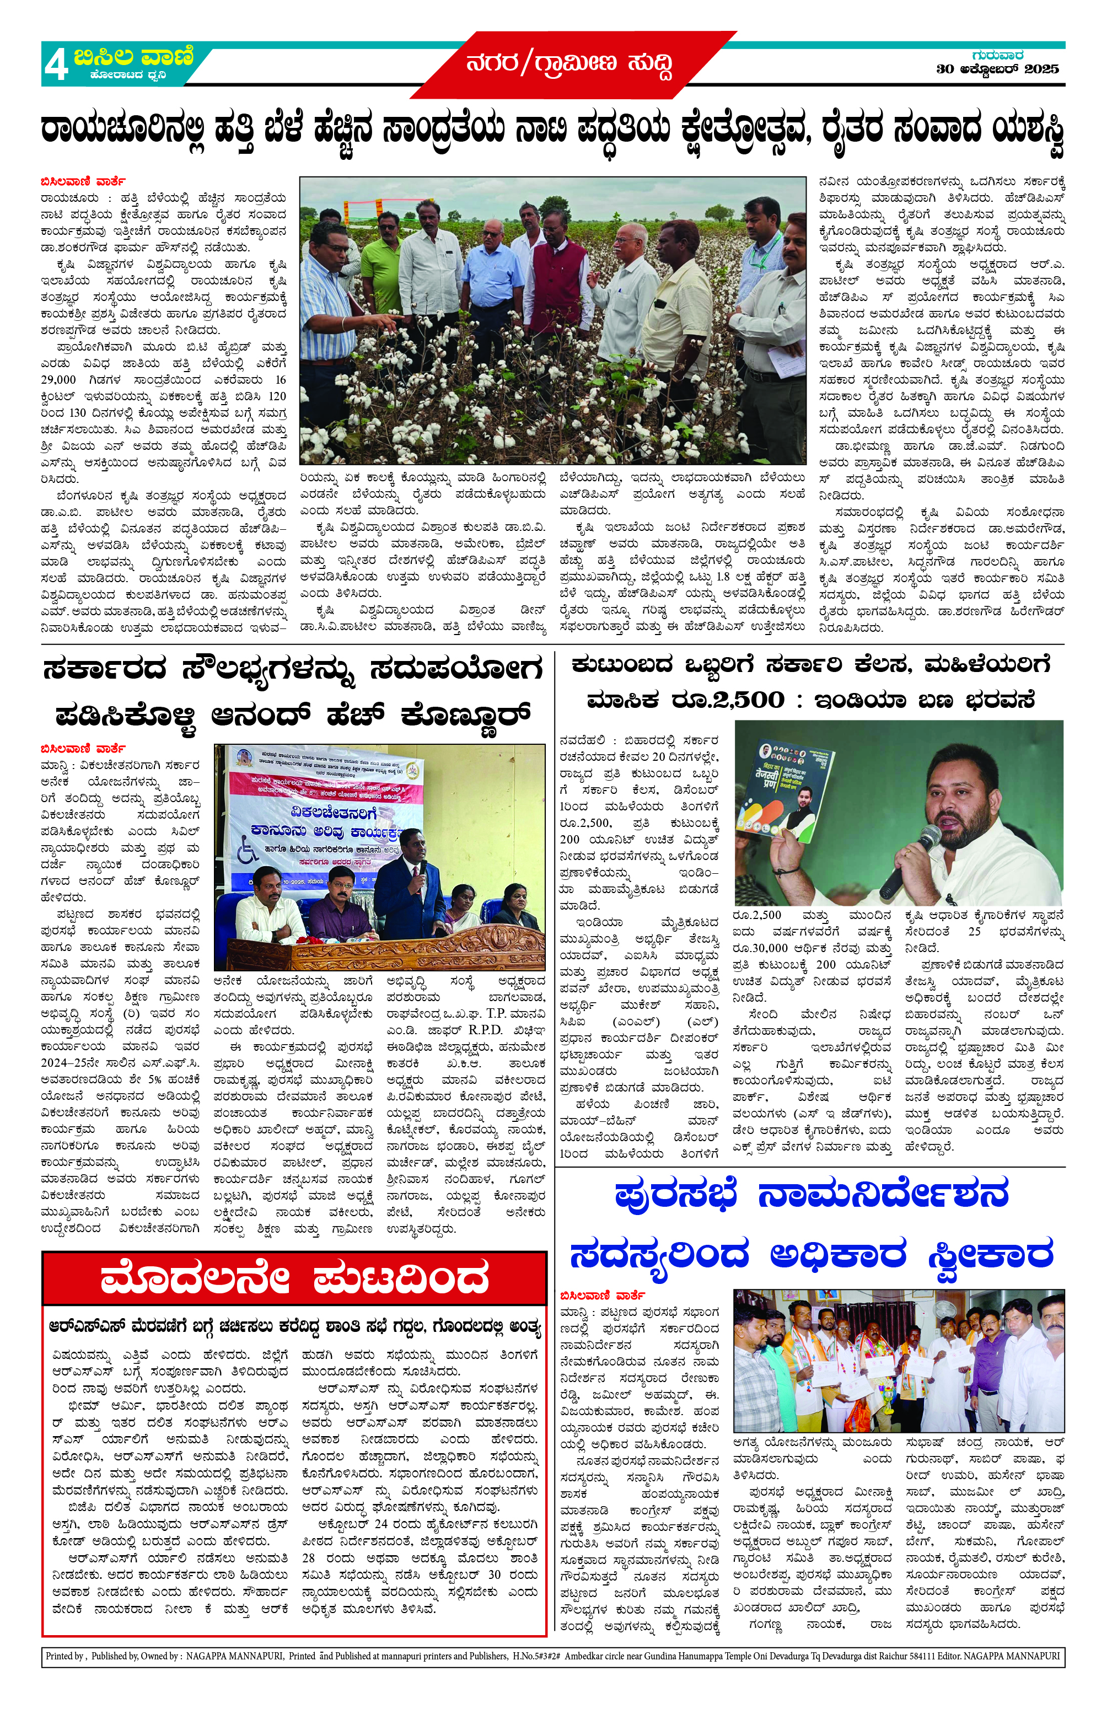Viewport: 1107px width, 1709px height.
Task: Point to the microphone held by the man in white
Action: (910, 859)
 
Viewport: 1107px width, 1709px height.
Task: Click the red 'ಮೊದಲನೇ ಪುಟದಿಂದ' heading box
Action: (294, 1296)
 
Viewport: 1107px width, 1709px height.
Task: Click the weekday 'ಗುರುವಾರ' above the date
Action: (997, 55)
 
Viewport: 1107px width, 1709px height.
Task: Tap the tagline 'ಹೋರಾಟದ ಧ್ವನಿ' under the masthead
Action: (128, 74)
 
